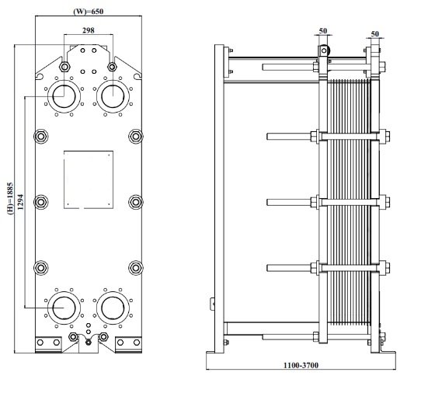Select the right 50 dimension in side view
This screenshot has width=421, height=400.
[x=375, y=34]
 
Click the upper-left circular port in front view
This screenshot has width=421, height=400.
[x=61, y=96]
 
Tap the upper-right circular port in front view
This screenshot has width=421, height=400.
[x=111, y=96]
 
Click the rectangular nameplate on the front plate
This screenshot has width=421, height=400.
[x=86, y=178]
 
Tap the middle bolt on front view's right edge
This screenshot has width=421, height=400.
[x=136, y=203]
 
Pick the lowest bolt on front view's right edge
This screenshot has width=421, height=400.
[x=136, y=266]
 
